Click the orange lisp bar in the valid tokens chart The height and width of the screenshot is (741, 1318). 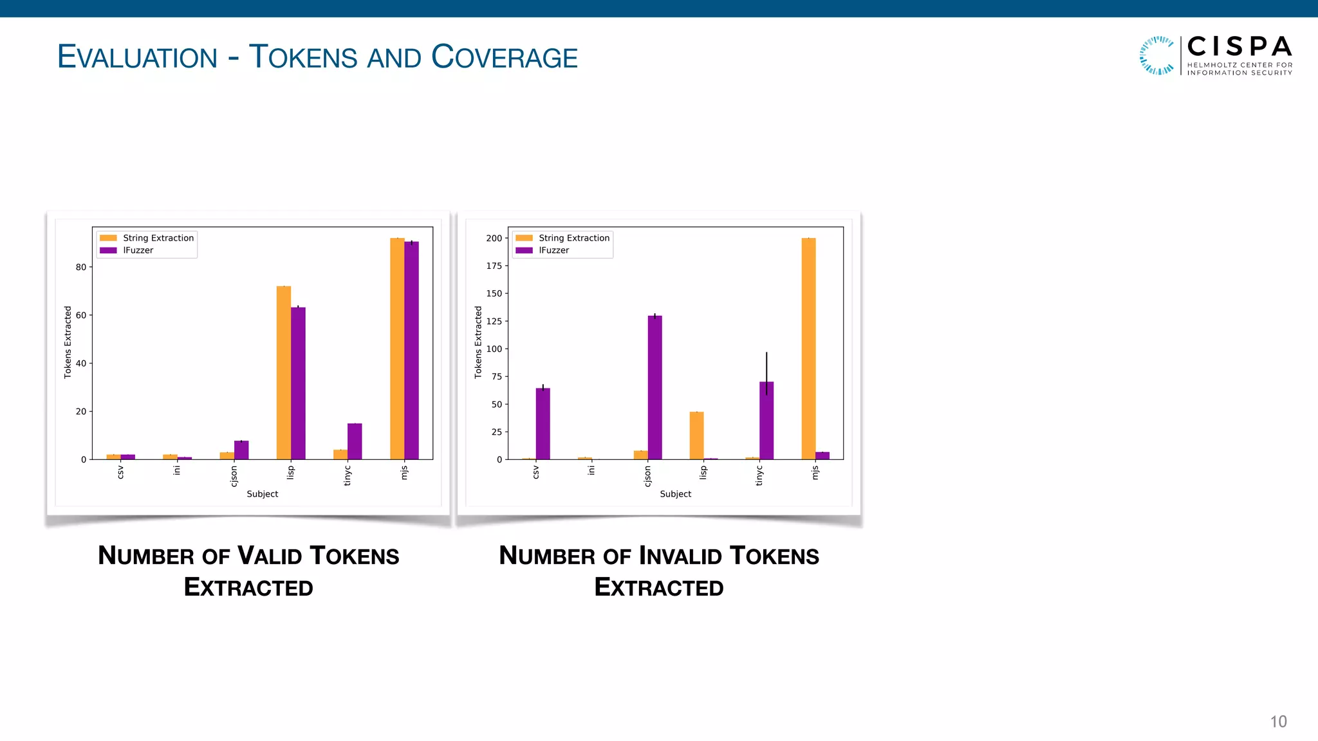pos(284,372)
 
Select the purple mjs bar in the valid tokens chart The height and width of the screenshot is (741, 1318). pos(412,351)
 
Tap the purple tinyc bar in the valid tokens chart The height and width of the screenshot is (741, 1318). pos(355,441)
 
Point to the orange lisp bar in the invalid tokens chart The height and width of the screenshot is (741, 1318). pos(696,435)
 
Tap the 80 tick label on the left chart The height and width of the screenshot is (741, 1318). pos(81,267)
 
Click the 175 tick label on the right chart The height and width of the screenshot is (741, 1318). pos(494,266)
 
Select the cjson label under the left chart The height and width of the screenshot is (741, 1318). pos(234,477)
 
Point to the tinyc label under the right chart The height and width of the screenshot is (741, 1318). pos(759,477)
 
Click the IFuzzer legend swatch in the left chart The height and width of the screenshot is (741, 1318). pos(108,250)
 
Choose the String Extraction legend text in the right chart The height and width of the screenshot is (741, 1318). pos(574,238)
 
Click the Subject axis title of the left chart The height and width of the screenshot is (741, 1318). pos(263,494)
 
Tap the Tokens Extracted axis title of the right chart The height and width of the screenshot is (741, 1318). pos(478,342)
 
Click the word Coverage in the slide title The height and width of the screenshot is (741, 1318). pos(505,57)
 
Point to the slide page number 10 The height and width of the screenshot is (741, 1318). pos(1278,722)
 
